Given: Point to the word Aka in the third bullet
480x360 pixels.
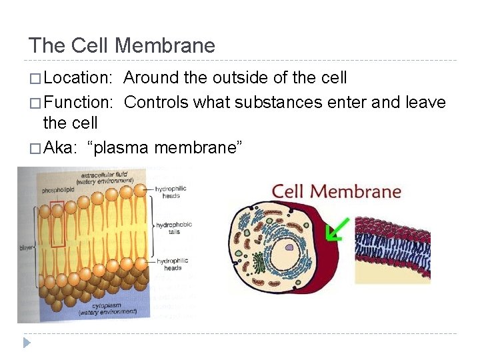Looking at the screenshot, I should coord(58,147).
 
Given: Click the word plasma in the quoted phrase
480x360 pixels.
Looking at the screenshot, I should coord(121,147).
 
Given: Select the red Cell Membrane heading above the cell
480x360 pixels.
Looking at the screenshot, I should coord(336,191).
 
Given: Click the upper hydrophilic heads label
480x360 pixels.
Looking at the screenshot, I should coord(171,192).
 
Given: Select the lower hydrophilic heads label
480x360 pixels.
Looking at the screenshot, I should coord(173,264).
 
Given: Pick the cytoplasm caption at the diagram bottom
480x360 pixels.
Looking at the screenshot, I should coord(107,309).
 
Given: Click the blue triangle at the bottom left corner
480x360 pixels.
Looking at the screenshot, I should coord(27,343).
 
